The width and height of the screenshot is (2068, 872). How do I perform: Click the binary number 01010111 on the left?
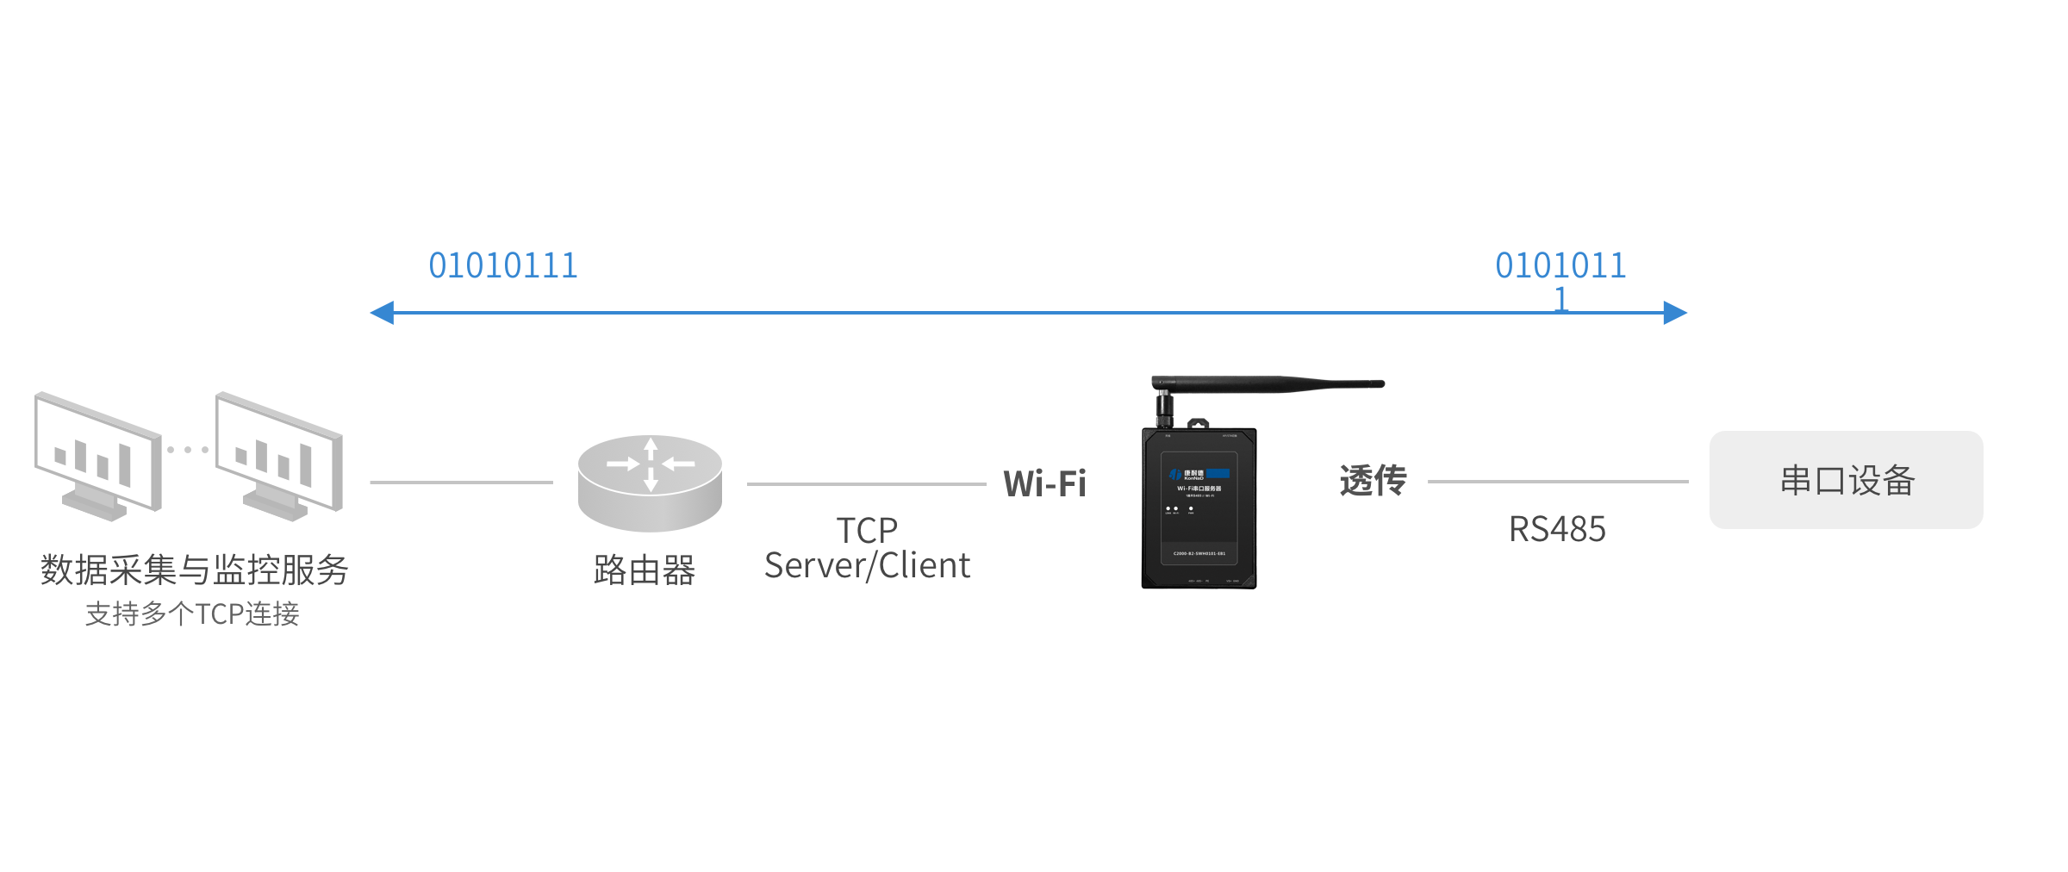tap(503, 265)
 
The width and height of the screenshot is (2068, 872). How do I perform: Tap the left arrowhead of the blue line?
tap(383, 313)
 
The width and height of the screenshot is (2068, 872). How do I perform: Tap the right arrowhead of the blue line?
tap(1674, 313)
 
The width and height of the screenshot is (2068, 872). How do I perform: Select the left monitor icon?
tap(97, 456)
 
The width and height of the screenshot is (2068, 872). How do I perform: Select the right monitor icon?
tap(279, 456)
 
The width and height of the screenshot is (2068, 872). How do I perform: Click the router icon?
tap(650, 483)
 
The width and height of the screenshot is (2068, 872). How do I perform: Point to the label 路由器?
tap(645, 570)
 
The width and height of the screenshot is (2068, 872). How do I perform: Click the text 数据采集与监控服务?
tap(194, 570)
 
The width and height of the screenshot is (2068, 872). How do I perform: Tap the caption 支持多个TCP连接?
tap(192, 614)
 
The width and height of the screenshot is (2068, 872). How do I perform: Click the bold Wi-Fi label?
tap(1044, 483)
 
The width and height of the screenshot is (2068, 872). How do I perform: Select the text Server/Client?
tap(867, 566)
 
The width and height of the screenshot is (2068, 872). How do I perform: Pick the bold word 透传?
tap(1373, 481)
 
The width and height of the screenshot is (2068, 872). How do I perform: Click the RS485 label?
tap(1557, 529)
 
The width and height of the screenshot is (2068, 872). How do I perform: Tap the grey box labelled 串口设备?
tap(1846, 480)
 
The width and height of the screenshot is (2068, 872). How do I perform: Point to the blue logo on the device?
tap(1218, 473)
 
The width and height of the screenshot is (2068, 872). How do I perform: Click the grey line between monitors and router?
tap(461, 483)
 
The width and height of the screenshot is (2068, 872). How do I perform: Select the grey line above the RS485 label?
tap(1557, 482)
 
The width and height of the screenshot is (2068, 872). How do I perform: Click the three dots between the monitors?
tap(188, 450)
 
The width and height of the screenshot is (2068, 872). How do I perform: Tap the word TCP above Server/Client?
tap(867, 530)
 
